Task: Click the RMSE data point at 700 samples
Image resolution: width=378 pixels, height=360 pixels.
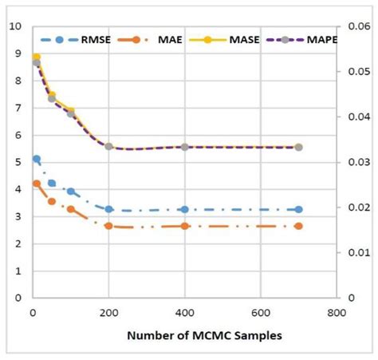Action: [298, 209]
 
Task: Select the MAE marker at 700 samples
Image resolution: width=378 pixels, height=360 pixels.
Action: [298, 226]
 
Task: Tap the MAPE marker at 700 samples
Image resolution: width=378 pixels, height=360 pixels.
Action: [298, 147]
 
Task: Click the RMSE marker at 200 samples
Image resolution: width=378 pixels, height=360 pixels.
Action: [109, 209]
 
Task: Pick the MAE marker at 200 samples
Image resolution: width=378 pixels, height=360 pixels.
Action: [109, 226]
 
